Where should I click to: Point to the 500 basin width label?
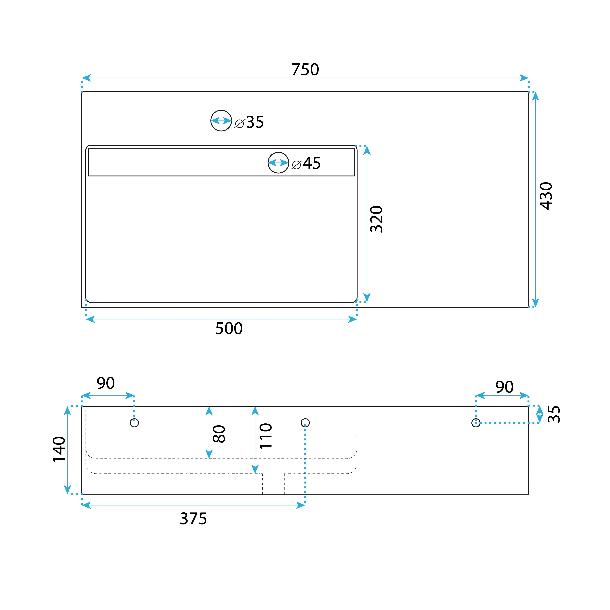pyautogui.click(x=229, y=329)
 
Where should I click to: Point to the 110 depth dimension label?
pyautogui.click(x=266, y=436)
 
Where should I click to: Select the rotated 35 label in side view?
pyautogui.click(x=554, y=414)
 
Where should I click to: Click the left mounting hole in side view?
pyautogui.click(x=134, y=419)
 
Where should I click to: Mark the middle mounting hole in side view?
pyautogui.click(x=305, y=419)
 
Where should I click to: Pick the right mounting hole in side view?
pyautogui.click(x=476, y=419)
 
